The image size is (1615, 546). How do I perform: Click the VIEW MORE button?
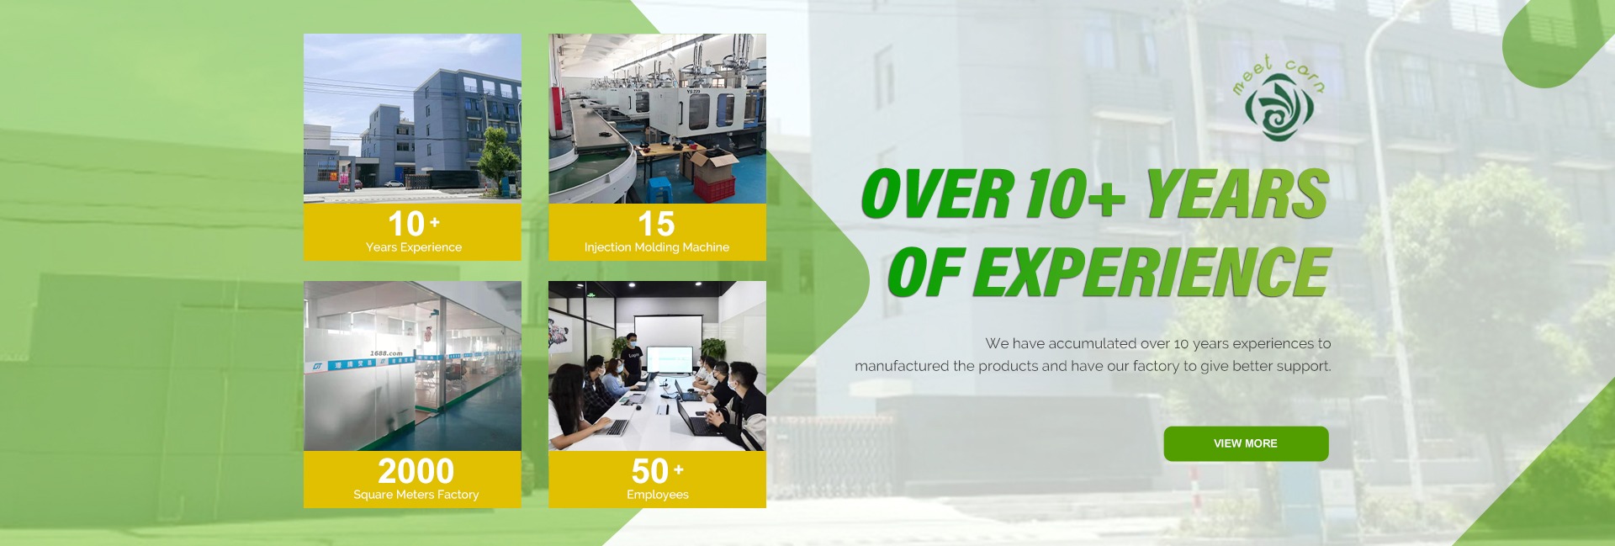(1246, 443)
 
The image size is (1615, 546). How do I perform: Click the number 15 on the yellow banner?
(656, 224)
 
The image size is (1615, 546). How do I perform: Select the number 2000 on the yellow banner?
(416, 471)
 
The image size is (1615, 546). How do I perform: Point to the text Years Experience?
(414, 247)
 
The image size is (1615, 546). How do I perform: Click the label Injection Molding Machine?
(657, 247)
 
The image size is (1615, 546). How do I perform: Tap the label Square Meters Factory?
(416, 495)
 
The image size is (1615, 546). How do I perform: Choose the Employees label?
(658, 495)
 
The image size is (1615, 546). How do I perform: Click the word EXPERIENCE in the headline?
(1152, 272)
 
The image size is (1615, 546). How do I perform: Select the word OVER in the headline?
(936, 193)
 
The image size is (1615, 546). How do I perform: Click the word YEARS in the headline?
(1236, 193)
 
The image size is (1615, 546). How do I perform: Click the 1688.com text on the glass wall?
(386, 353)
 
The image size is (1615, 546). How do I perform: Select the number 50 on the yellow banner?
(650, 471)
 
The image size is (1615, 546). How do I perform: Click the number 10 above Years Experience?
(406, 224)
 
